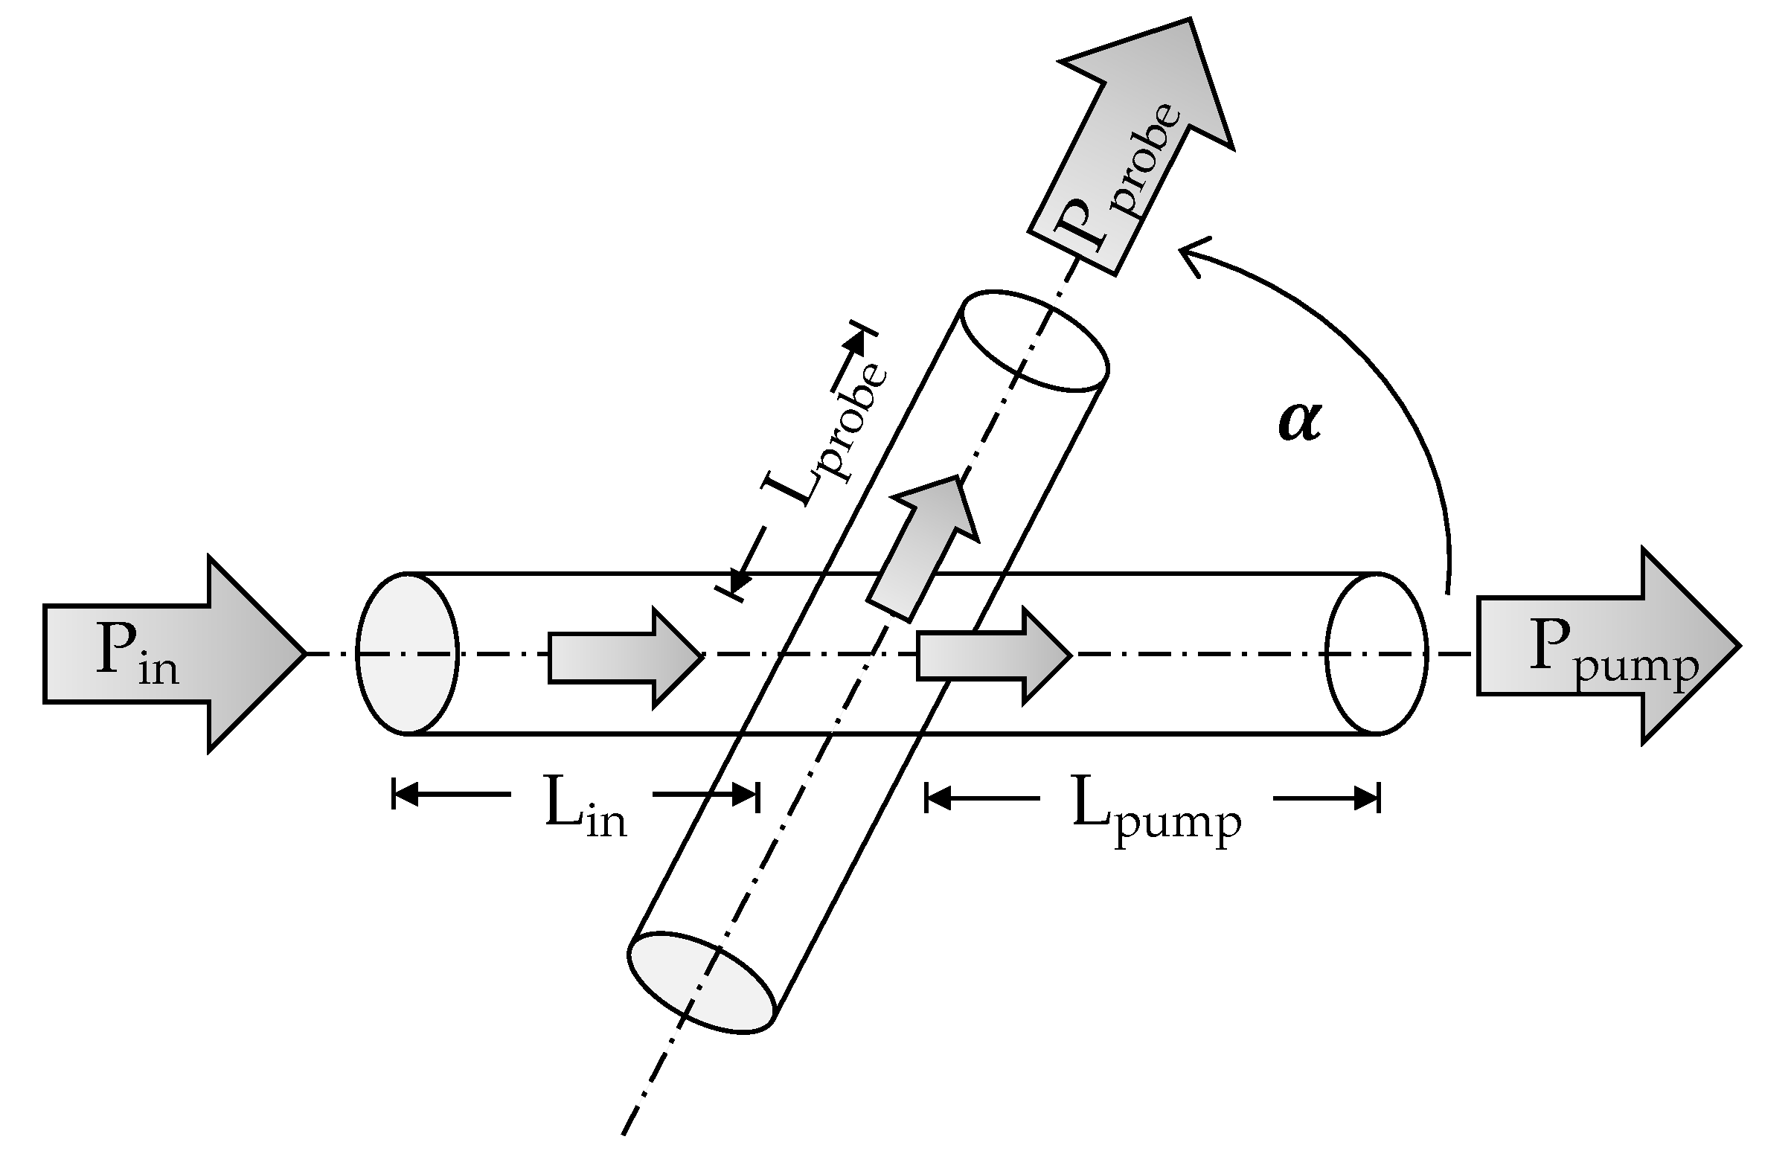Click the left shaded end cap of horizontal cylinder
click(408, 653)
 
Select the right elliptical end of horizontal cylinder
click(1377, 653)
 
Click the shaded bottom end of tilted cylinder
click(700, 983)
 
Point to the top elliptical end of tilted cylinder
click(1034, 341)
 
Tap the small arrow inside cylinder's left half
click(624, 656)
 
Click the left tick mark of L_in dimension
click(394, 795)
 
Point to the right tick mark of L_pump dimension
click(1378, 798)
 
